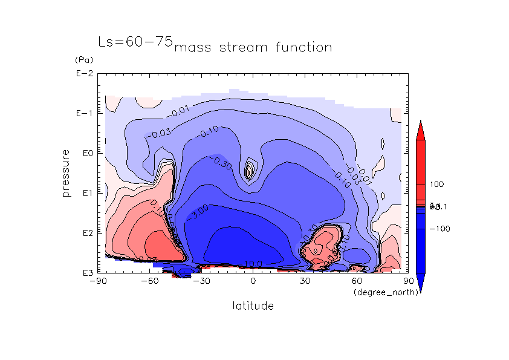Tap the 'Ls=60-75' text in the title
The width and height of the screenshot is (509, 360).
(x=135, y=42)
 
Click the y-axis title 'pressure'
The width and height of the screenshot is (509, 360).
(x=66, y=173)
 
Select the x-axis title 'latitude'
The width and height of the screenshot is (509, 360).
(x=253, y=306)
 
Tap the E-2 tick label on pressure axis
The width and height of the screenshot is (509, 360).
(x=83, y=74)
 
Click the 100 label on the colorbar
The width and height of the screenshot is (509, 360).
(x=437, y=184)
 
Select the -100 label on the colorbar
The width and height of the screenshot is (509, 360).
(x=439, y=229)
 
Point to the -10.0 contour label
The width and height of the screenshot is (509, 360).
(x=252, y=264)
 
